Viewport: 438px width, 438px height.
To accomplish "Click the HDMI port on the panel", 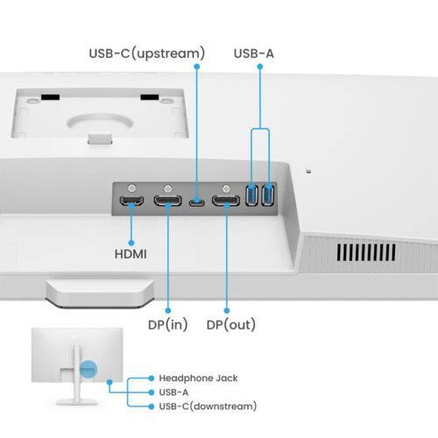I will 131,203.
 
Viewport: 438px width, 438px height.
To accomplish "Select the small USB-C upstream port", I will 197,203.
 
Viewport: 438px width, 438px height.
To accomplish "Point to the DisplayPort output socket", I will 226,203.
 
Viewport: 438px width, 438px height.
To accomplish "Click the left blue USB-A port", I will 252,196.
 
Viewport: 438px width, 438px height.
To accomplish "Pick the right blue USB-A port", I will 268,196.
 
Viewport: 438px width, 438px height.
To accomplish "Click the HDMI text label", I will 131,254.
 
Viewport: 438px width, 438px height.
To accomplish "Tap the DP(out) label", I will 231,324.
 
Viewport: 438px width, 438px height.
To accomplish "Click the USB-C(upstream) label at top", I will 147,53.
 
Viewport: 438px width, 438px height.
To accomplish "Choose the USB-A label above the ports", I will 254,53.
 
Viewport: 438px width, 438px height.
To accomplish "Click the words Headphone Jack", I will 198,378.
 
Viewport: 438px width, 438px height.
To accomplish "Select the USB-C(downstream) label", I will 208,406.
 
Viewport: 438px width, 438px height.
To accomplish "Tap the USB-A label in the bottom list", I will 173,392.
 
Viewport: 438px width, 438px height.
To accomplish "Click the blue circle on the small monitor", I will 87,369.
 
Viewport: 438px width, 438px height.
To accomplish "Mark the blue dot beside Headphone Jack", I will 152,378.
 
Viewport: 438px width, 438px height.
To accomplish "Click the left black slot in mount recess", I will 50,96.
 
